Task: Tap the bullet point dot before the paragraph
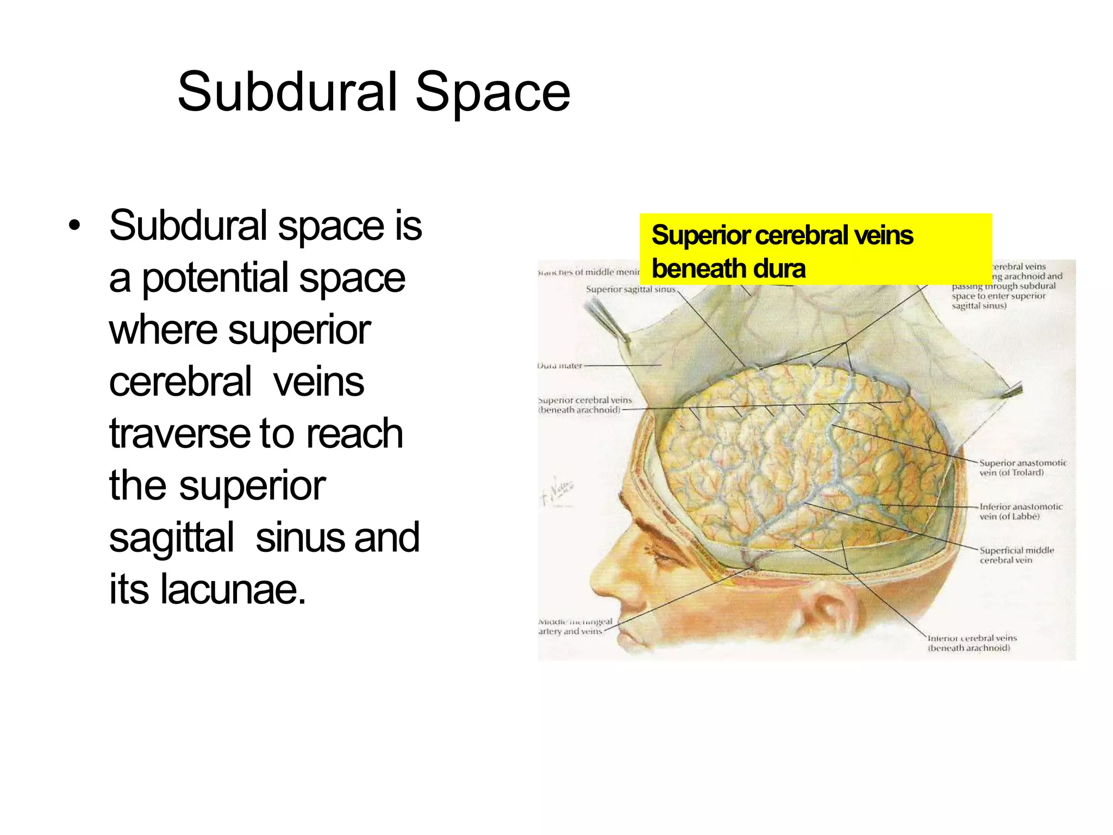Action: click(x=74, y=226)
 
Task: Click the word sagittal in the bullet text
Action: click(x=172, y=538)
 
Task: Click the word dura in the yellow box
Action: click(x=779, y=269)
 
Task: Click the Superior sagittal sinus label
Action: click(x=630, y=289)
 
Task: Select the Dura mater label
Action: click(x=560, y=366)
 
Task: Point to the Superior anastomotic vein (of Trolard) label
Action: click(x=1022, y=468)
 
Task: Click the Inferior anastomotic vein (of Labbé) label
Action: click(x=1020, y=512)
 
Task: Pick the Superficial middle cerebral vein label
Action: click(x=1016, y=555)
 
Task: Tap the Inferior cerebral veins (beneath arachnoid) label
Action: click(x=971, y=643)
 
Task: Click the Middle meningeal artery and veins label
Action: click(x=574, y=626)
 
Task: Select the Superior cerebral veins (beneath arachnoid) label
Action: click(x=585, y=405)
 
